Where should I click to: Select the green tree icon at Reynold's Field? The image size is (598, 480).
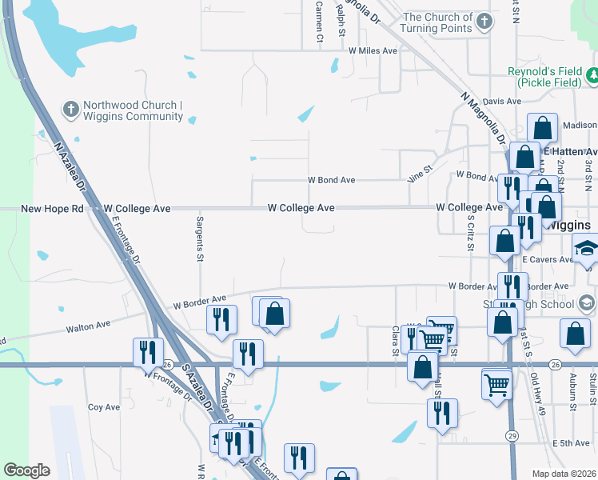593,76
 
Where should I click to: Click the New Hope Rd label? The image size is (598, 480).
52,208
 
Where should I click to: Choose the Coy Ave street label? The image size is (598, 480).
104,407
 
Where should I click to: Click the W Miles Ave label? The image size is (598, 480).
373,50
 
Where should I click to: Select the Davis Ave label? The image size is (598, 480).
502,102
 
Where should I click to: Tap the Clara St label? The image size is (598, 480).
395,338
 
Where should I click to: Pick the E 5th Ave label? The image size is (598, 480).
570,443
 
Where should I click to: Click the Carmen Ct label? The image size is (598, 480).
318,20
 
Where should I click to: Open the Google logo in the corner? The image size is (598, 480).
27,470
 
